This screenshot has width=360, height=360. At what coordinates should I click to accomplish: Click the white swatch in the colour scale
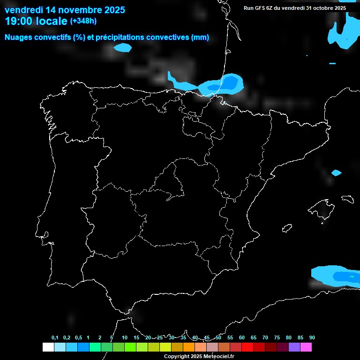(48, 347)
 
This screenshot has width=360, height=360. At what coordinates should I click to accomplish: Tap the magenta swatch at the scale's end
(306, 347)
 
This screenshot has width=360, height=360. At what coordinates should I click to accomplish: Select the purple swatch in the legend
(294, 347)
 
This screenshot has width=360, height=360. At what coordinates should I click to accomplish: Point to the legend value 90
(312, 338)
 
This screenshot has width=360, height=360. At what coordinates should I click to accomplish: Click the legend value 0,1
(55, 338)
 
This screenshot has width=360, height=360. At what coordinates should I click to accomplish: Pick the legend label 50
(218, 338)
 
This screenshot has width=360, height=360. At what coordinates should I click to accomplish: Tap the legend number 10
(124, 338)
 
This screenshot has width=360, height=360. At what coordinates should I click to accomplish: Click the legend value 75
(277, 338)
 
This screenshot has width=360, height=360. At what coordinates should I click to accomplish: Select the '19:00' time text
(17, 21)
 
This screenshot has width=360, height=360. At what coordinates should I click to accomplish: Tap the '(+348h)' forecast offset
(83, 21)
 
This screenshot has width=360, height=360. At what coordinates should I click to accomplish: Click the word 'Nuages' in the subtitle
(18, 37)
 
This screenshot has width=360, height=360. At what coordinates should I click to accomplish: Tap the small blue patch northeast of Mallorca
(336, 173)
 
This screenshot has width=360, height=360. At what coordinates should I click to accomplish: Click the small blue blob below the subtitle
(123, 47)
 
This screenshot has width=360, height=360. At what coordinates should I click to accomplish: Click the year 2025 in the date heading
(113, 10)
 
